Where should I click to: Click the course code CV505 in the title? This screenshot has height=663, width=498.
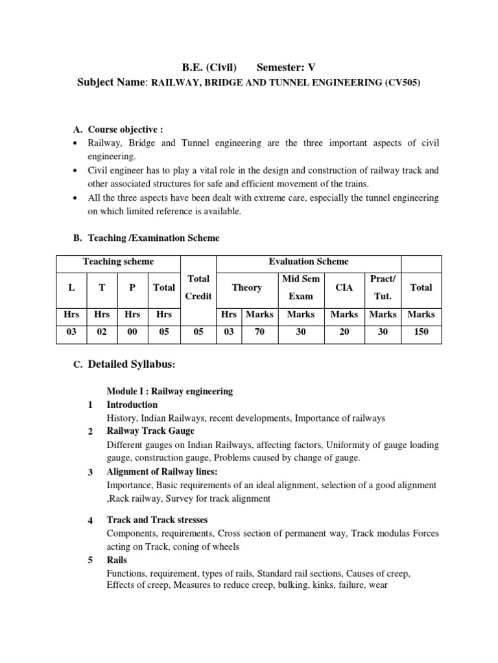pos(403,84)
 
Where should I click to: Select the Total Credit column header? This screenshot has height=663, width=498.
pos(198,287)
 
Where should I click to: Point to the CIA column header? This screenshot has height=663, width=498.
pos(344,287)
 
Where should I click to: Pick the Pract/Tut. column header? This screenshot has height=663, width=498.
pos(382,287)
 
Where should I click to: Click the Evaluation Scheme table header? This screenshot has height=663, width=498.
pos(309,262)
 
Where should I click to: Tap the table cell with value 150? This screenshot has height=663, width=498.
pos(421,331)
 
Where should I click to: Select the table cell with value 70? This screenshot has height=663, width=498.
pos(259,331)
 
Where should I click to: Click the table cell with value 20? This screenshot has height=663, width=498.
pos(344,331)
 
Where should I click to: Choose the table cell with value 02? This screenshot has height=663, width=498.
pos(102,331)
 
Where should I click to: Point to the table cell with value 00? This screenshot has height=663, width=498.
pos(132,331)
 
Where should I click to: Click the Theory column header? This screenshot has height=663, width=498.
pos(246,287)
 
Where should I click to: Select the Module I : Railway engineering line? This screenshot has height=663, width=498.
pos(170,392)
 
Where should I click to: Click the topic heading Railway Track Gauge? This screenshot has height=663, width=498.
pos(150,431)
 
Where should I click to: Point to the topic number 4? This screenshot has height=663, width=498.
pos(91,521)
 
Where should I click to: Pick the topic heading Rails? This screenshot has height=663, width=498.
pos(117,560)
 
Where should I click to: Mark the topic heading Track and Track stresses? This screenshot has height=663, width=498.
pos(157,520)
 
